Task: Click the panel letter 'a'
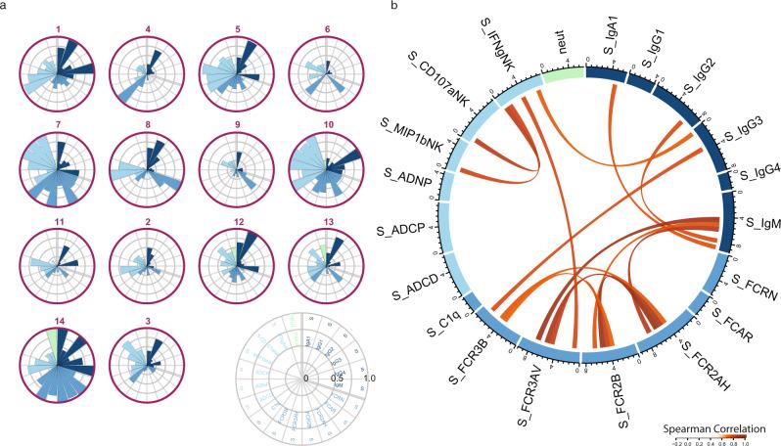5,7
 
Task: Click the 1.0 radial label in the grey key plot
369,378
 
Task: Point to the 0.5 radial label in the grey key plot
338,378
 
